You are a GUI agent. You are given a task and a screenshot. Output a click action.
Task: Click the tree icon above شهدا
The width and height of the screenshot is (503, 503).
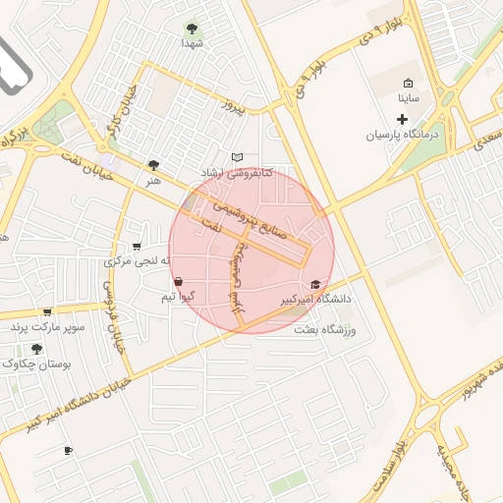(x=192, y=28)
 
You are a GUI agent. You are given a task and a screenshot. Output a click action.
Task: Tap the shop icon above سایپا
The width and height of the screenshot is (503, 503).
(x=409, y=84)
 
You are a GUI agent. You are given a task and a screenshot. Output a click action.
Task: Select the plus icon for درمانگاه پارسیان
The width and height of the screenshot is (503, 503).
(x=402, y=119)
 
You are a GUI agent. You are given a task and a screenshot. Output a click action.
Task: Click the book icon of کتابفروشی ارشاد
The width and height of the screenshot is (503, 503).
(x=236, y=157)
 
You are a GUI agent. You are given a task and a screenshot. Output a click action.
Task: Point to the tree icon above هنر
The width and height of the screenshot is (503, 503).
(x=152, y=165)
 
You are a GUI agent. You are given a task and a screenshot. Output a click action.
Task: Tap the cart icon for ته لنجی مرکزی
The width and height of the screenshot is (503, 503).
(x=137, y=247)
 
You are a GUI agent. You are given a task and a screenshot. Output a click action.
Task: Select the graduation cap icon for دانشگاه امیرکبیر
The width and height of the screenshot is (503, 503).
(x=315, y=284)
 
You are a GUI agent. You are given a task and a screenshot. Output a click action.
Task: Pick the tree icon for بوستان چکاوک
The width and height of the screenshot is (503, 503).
(x=37, y=348)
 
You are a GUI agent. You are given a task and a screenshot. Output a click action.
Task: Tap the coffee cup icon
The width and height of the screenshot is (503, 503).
(x=68, y=451)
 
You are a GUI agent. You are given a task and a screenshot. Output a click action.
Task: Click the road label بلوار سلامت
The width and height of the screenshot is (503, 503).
(x=390, y=466)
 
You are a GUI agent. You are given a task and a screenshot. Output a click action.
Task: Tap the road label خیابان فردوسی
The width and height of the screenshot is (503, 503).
(x=112, y=314)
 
